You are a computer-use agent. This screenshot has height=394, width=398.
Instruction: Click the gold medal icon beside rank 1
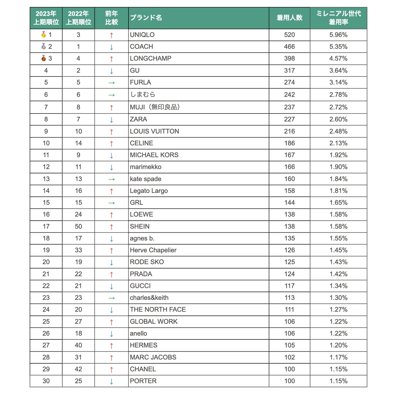[x=44, y=35]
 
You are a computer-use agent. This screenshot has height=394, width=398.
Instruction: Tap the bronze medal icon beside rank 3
[x=44, y=58]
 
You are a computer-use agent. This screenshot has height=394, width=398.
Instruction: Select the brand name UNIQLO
[x=142, y=35]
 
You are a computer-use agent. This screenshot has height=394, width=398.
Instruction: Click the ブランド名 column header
[x=146, y=18]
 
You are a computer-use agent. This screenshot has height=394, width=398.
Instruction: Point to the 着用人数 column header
[x=289, y=18]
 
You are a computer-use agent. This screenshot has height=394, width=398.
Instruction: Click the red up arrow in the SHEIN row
[x=111, y=227]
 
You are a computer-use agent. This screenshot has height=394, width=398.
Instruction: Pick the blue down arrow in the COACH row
[x=111, y=47]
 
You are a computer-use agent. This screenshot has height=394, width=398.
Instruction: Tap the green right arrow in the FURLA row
[x=111, y=83]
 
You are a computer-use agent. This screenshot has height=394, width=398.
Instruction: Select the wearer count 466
[x=289, y=47]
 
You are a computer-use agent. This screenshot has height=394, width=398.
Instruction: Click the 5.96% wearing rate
[x=338, y=35]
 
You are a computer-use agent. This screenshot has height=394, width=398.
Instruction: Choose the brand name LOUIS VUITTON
[x=154, y=131]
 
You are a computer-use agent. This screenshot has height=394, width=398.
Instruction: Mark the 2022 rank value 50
[x=78, y=226]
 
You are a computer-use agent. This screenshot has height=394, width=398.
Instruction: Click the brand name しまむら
[x=142, y=95]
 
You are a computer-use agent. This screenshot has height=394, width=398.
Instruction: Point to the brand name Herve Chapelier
[x=153, y=250]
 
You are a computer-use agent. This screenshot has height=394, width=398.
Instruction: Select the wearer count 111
[x=289, y=310]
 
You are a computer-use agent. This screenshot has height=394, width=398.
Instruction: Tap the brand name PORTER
[x=143, y=381]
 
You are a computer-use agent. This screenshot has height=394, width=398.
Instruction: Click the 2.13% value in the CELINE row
[x=338, y=143]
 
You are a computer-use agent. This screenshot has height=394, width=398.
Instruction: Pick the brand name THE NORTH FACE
[x=158, y=310]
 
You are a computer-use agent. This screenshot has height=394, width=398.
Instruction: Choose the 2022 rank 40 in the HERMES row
[x=78, y=345]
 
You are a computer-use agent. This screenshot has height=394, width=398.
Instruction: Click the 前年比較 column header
[x=111, y=18]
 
